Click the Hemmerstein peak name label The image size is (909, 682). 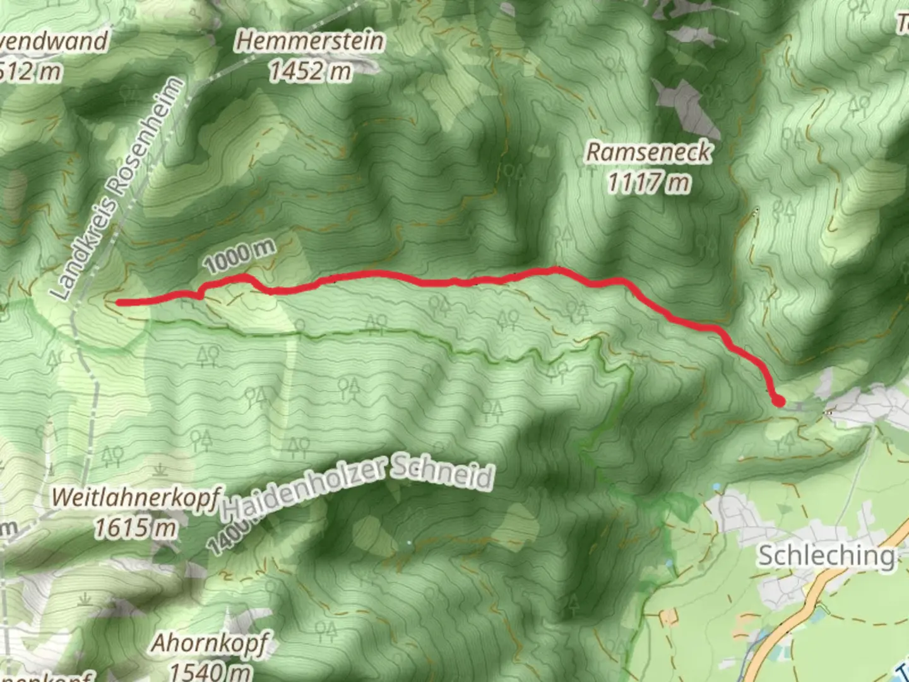coord(310,42)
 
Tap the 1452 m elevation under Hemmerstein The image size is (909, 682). coord(310,71)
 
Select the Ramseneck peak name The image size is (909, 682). coord(649,152)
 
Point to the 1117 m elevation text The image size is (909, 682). coord(649,182)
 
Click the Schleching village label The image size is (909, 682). coord(826,556)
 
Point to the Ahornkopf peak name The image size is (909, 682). coord(209,644)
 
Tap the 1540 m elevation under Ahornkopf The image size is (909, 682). coord(209,671)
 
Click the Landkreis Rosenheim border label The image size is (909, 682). coord(119,189)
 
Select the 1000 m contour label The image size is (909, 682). coord(240,255)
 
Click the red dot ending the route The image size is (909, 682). coord(778,400)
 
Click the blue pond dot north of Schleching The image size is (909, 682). coord(716,487)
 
